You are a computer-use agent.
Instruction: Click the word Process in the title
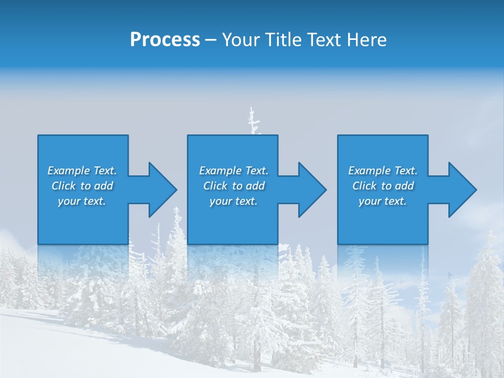click(x=165, y=40)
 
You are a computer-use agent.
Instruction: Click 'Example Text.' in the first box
click(x=82, y=171)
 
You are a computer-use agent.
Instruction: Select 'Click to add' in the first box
click(x=82, y=186)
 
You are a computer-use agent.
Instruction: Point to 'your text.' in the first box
click(x=82, y=201)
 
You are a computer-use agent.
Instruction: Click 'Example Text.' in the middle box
click(x=233, y=171)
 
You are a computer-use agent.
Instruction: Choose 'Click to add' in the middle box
click(x=233, y=186)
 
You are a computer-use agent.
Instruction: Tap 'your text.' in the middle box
click(x=233, y=201)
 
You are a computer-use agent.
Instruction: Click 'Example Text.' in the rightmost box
click(x=383, y=171)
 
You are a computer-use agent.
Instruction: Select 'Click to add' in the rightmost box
click(x=383, y=186)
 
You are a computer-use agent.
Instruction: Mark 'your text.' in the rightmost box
click(x=383, y=201)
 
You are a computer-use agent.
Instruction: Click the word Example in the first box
click(x=69, y=171)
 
